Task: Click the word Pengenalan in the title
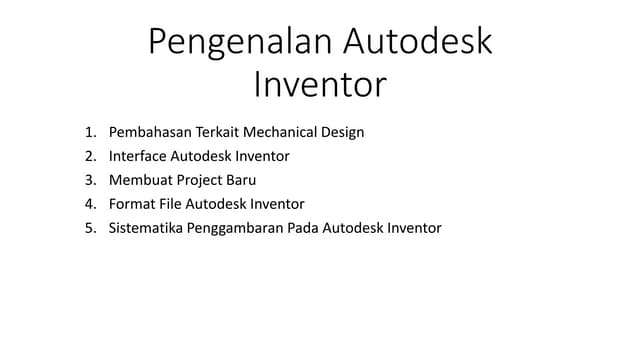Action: click(238, 43)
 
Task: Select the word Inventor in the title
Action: click(319, 86)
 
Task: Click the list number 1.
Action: click(89, 132)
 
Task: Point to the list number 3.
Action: click(89, 180)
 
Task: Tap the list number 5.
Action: click(89, 228)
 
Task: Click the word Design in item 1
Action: click(342, 132)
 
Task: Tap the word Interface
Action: click(138, 156)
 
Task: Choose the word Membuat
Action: click(140, 180)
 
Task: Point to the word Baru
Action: click(241, 180)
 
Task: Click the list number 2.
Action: click(89, 156)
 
